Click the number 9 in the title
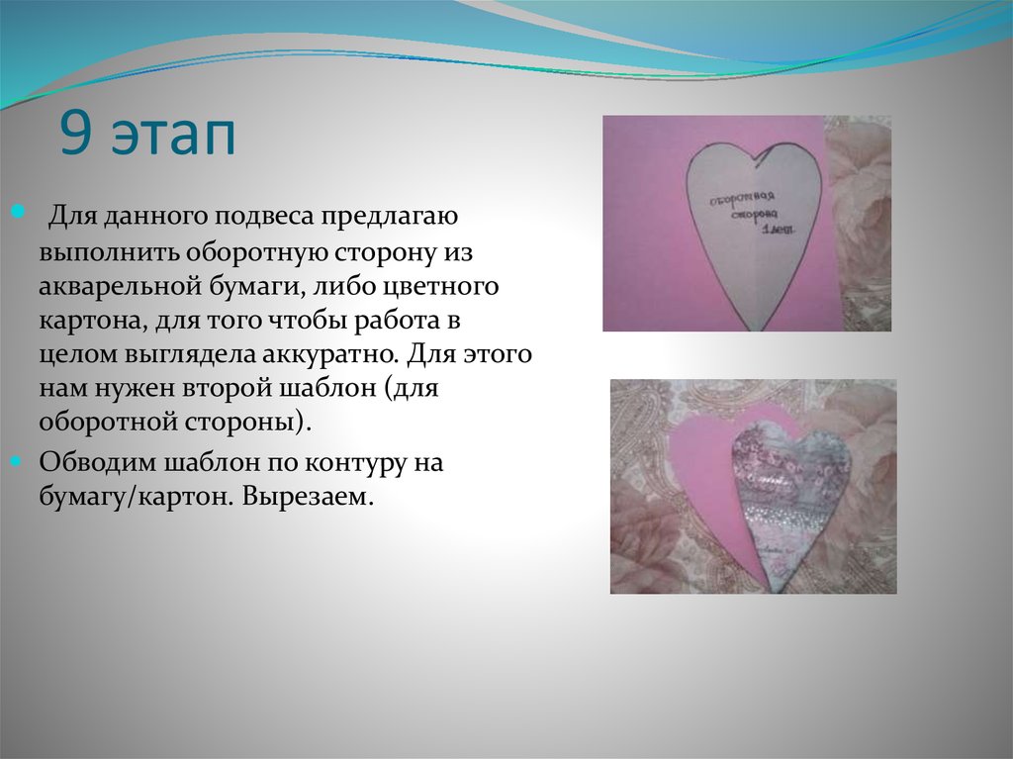pyautogui.click(x=74, y=136)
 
